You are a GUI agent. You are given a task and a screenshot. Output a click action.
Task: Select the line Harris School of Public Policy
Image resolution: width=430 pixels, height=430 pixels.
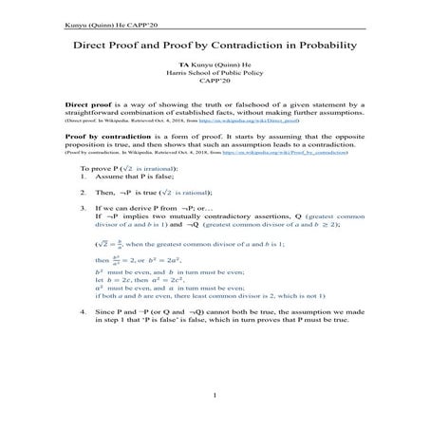point(215,79)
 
